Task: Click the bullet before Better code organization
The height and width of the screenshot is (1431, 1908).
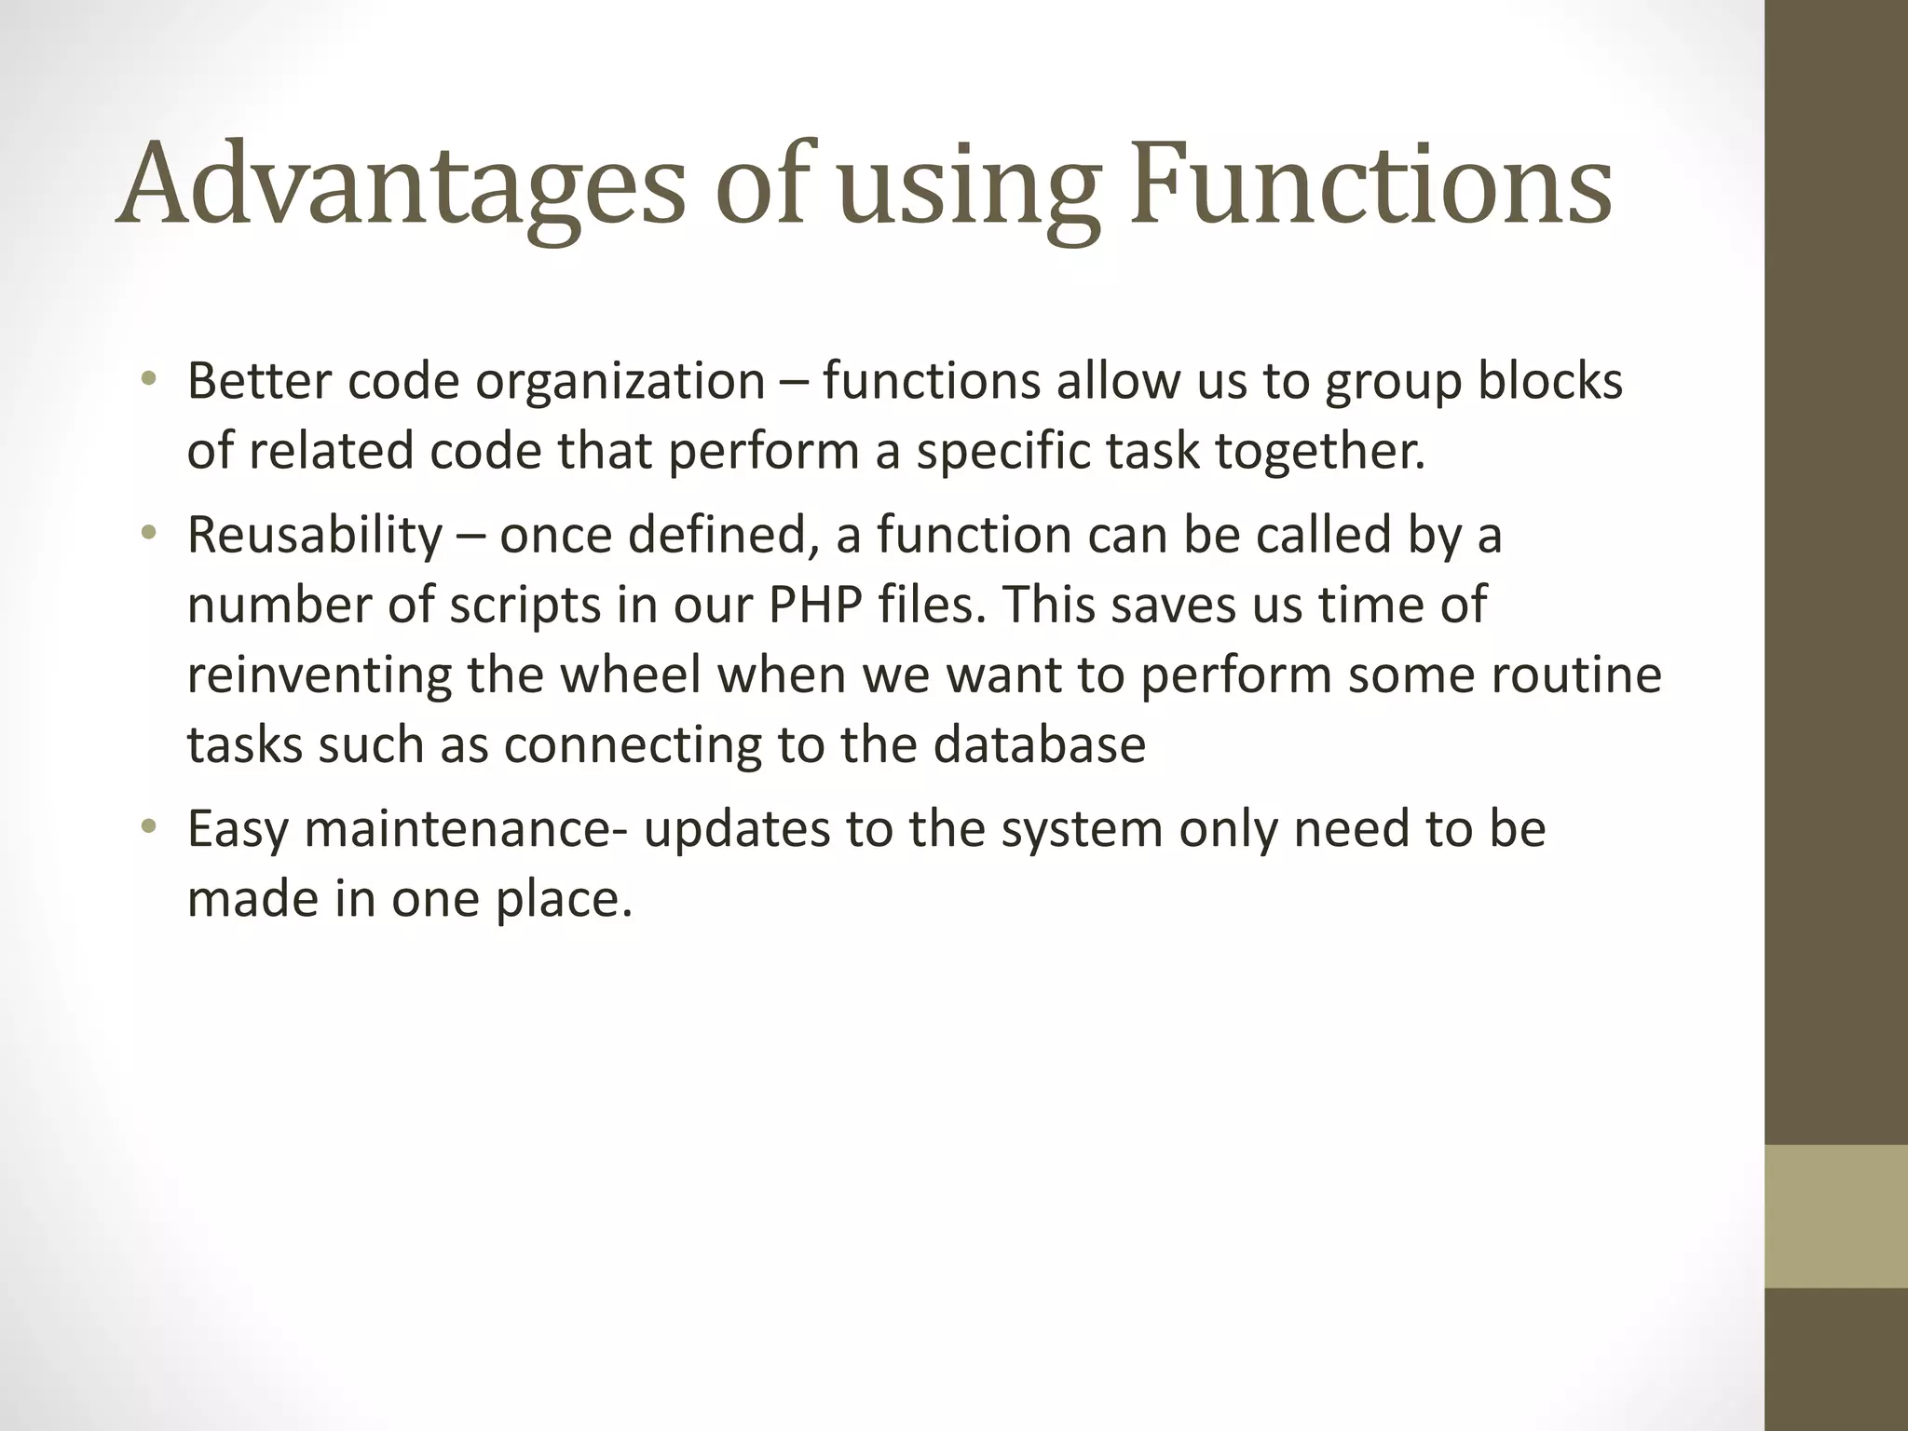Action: click(148, 379)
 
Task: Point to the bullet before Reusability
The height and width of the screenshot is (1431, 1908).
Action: click(148, 534)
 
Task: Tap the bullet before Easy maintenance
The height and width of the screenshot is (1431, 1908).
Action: click(148, 827)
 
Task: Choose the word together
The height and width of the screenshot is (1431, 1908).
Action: click(1320, 453)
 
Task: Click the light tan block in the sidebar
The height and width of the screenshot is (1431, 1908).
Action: click(1836, 1216)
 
